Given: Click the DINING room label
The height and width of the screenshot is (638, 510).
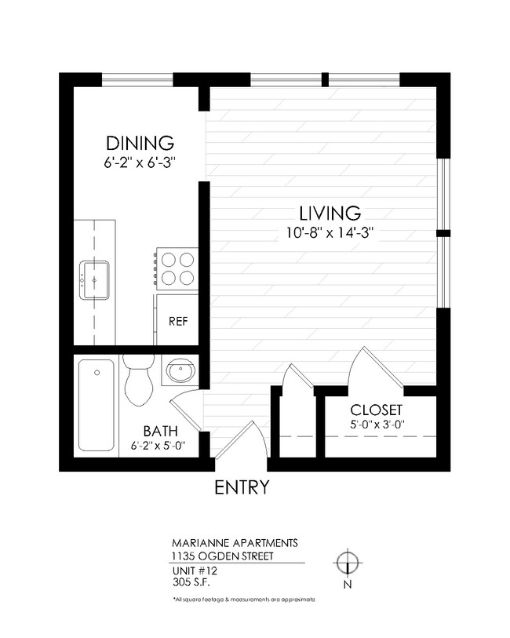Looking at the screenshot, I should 140,144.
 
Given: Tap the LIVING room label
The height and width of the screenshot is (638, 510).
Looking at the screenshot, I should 330,213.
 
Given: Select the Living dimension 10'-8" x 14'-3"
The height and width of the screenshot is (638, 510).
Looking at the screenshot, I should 330,232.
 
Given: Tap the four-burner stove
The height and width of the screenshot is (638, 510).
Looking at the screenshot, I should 176,268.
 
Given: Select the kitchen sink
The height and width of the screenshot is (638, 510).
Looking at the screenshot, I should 93,279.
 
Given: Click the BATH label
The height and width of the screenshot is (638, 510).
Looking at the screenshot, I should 160,432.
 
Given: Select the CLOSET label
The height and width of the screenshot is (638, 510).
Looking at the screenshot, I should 376,410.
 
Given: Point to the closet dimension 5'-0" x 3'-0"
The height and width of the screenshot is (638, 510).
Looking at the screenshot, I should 376,425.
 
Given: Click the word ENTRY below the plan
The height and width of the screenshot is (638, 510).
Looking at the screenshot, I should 242,487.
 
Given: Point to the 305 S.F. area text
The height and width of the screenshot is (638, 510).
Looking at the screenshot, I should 191,582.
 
